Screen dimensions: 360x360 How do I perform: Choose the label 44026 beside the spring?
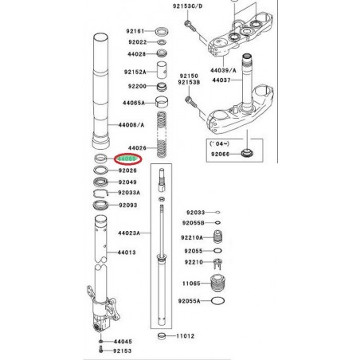(x=138, y=148)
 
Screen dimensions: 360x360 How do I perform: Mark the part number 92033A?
(x=130, y=193)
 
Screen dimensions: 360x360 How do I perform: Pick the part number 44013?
(x=128, y=252)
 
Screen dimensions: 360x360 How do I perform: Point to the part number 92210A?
(x=190, y=237)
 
